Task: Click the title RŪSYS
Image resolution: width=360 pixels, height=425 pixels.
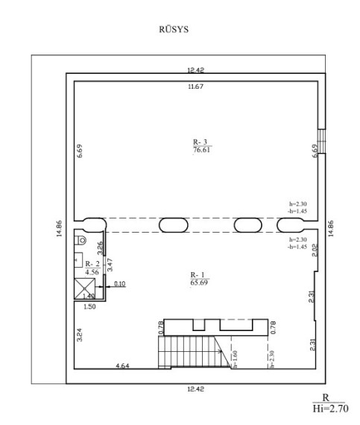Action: tap(174, 29)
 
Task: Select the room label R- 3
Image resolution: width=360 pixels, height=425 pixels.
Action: tap(200, 142)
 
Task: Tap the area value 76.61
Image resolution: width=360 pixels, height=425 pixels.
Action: tap(201, 150)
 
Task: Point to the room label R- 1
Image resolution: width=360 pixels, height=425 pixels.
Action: tap(198, 275)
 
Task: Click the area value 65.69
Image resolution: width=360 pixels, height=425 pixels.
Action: tap(199, 283)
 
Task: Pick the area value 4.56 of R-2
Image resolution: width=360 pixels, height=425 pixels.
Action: tap(92, 272)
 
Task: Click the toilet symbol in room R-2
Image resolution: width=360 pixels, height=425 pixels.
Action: tap(81, 240)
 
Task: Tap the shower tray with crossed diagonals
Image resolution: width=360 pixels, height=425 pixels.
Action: tap(85, 289)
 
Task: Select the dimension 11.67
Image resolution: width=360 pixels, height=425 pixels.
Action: tap(195, 86)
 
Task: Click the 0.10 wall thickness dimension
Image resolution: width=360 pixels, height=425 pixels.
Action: tap(119, 284)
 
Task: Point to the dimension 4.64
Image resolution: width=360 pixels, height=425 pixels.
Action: tap(122, 365)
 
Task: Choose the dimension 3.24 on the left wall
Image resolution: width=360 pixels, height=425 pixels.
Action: tap(79, 335)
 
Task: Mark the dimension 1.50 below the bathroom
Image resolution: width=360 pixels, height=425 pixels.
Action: tap(89, 306)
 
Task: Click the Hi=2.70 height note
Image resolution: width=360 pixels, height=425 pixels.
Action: tap(330, 409)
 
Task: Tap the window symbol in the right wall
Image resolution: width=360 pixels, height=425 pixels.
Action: tap(321, 141)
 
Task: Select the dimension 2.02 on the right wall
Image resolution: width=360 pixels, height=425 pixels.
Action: tap(315, 251)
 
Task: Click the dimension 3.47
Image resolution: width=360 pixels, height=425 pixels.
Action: tap(110, 265)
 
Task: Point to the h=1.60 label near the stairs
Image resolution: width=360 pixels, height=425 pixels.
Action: tap(235, 359)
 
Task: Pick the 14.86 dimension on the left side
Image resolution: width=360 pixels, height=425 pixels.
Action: tap(59, 228)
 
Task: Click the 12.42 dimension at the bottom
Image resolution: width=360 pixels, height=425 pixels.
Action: tap(195, 389)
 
